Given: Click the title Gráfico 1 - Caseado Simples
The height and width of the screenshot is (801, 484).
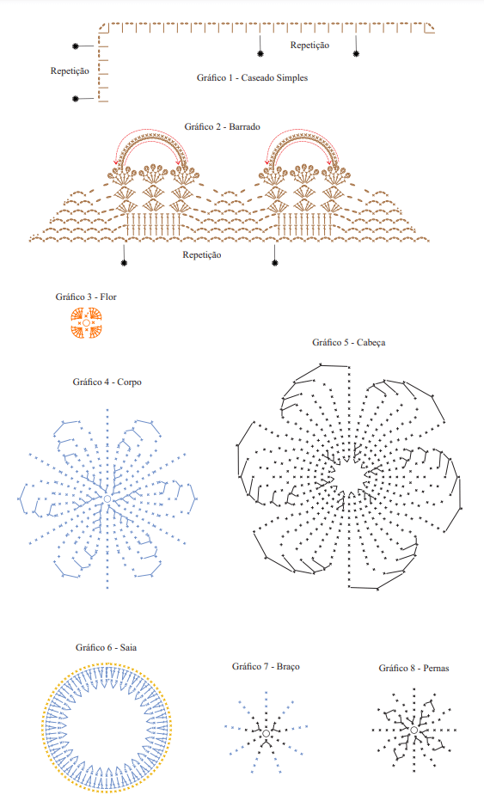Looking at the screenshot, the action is (x=252, y=77).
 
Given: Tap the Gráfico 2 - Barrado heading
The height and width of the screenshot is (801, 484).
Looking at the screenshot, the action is (x=223, y=126).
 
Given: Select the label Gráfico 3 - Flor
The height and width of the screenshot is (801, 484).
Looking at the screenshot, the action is (x=86, y=297).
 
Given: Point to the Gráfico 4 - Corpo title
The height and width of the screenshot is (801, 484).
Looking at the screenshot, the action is (x=107, y=382).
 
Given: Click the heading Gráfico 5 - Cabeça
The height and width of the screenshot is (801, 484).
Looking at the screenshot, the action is (x=348, y=342).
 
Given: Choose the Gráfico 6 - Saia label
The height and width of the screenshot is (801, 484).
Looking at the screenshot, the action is (x=106, y=647).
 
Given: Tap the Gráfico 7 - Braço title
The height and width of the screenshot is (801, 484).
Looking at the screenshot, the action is (x=266, y=666).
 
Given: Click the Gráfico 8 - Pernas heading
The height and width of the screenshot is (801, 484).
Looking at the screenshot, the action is (x=414, y=668).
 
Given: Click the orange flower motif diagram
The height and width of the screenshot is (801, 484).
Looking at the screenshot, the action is (x=86, y=323).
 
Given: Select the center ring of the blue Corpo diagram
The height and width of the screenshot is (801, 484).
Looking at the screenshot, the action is (x=107, y=498).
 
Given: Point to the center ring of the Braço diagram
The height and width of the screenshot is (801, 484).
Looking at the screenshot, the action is (x=266, y=734).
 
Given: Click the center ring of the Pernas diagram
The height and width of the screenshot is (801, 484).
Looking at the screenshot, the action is (x=414, y=731).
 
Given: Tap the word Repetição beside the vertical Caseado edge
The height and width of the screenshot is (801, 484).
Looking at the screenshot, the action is (x=70, y=71).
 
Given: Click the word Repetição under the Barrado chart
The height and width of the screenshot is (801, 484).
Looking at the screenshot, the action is (x=202, y=254).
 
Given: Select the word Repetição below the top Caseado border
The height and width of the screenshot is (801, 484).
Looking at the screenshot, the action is (x=309, y=45).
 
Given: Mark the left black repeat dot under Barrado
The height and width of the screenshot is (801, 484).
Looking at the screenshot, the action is (x=124, y=263).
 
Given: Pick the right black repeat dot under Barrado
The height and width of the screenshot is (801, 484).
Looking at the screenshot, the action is (x=275, y=263).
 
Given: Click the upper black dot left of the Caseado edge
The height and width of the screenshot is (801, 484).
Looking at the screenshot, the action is (x=76, y=46).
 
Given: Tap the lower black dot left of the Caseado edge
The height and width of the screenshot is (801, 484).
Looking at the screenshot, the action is (x=76, y=99).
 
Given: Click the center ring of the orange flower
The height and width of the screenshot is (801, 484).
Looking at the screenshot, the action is (x=86, y=323).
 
